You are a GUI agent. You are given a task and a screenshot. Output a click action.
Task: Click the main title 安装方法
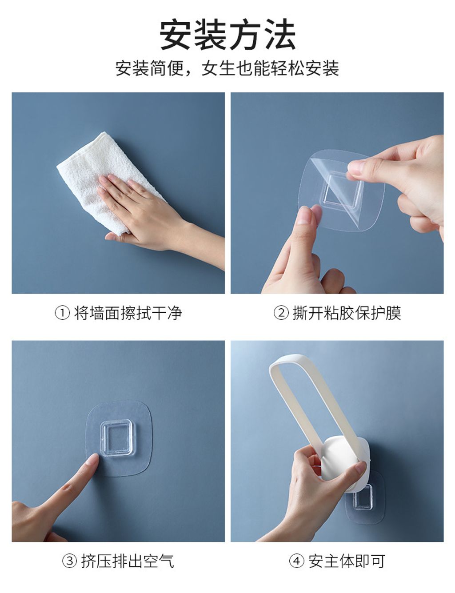[227, 34]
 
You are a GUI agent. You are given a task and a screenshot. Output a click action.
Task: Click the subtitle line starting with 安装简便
[227, 68]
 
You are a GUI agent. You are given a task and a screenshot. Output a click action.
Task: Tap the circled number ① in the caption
[63, 313]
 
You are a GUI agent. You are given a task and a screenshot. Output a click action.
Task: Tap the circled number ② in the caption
[281, 313]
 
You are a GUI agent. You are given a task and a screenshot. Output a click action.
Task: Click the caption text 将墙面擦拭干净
[128, 313]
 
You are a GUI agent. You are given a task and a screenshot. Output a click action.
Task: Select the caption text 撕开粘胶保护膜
[347, 313]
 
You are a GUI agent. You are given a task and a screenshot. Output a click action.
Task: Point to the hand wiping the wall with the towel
[153, 215]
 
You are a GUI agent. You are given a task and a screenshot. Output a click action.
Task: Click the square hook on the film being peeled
[342, 190]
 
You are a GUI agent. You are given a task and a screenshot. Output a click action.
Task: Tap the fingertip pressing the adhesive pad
[93, 459]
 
